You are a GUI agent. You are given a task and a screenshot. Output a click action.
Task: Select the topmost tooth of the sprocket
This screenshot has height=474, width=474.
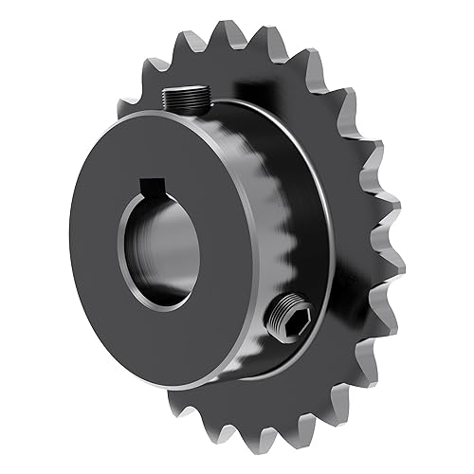pyautogui.click(x=228, y=34)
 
